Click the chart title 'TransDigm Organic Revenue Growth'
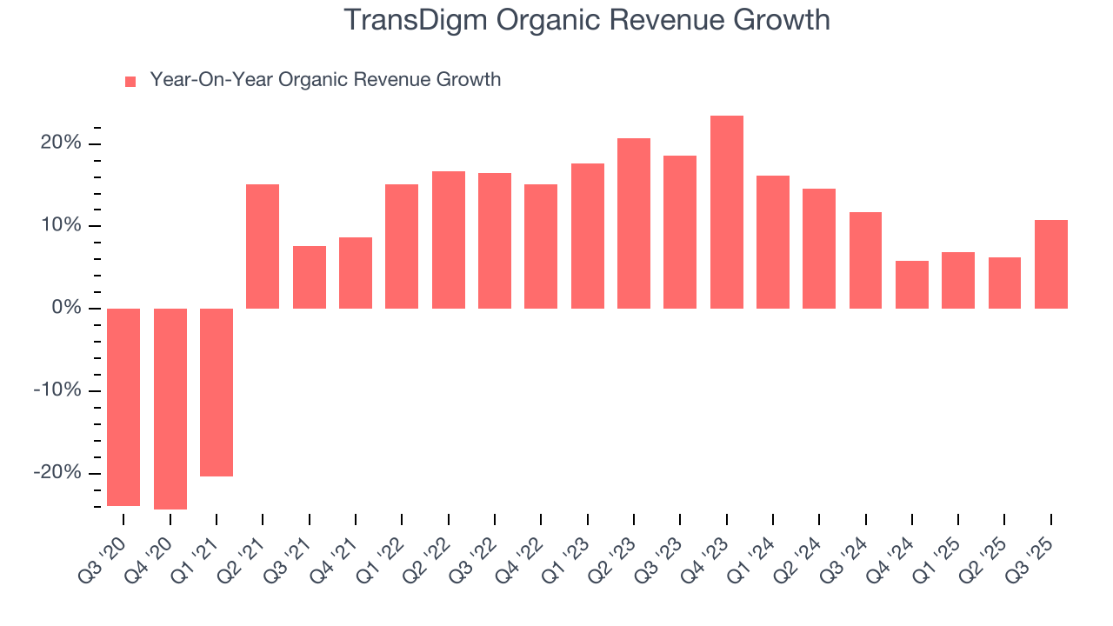587,20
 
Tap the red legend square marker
130,82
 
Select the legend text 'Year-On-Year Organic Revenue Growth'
325,80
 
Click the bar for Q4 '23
726,212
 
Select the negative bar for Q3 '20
123,407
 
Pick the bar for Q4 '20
170,409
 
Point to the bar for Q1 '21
217,392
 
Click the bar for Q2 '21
263,246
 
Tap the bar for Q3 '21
310,277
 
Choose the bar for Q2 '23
634,223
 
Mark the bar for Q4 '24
912,284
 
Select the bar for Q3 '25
1051,264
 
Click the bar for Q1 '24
773,242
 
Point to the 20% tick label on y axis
61,143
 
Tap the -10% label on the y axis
57,390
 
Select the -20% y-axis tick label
57,473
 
